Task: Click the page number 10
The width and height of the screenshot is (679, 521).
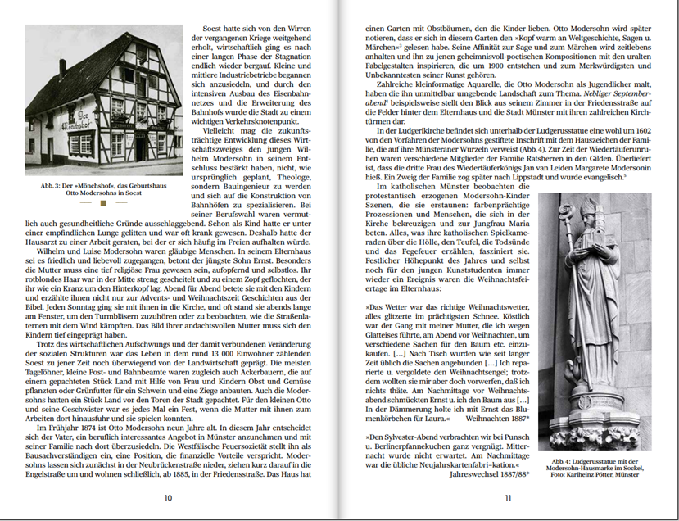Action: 168,497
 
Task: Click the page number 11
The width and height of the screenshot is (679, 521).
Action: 508,497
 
